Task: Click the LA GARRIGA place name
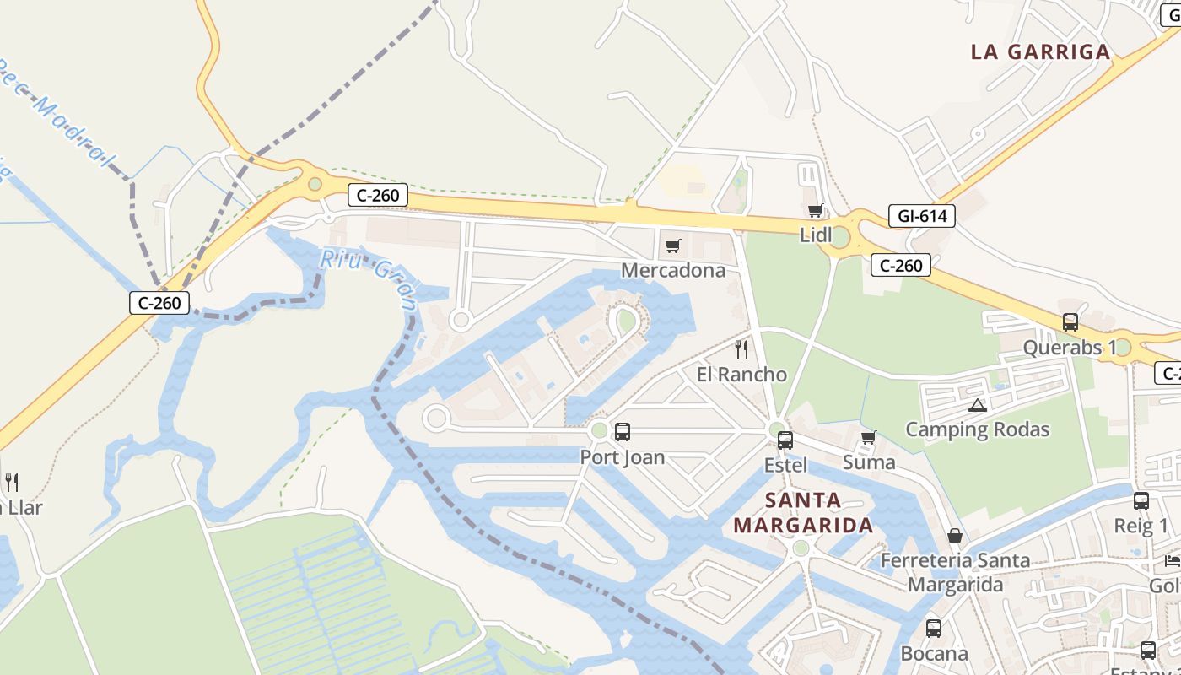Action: click(1040, 52)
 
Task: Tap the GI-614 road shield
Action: click(922, 216)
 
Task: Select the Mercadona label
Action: click(673, 270)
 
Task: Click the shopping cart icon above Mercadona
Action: click(672, 246)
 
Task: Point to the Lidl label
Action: click(816, 235)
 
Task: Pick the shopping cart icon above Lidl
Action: click(815, 211)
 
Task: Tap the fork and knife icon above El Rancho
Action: click(741, 349)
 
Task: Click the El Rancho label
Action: click(741, 374)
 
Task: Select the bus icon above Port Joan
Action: click(623, 432)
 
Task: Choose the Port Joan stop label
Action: click(623, 457)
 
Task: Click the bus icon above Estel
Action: click(785, 440)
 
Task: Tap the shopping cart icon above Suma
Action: click(868, 438)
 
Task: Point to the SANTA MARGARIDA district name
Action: click(803, 513)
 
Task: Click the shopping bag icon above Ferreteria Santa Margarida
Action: click(955, 536)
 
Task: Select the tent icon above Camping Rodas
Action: click(978, 405)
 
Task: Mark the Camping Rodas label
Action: click(978, 429)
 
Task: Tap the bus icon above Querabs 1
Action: click(1070, 322)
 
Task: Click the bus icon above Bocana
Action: click(934, 629)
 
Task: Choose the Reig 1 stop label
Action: click(1141, 526)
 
